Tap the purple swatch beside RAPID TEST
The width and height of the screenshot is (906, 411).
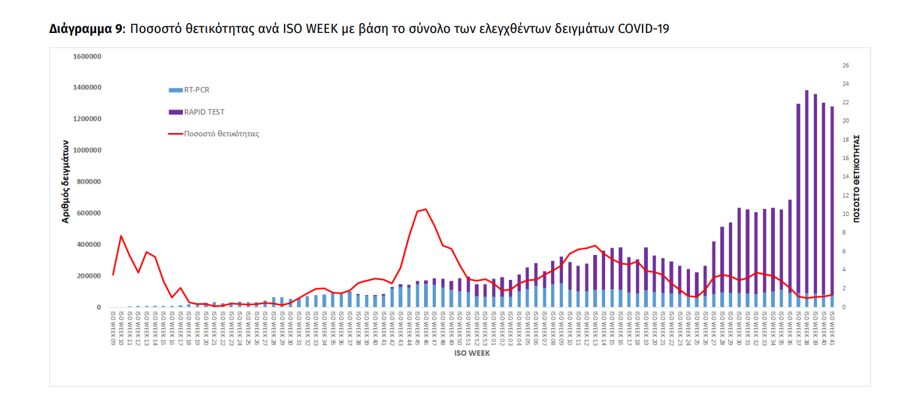click(176, 112)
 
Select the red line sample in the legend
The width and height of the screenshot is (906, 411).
click(176, 134)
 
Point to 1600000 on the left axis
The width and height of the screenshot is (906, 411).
click(86, 57)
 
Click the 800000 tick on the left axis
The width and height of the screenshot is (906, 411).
click(89, 182)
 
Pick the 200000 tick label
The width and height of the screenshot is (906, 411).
click(89, 276)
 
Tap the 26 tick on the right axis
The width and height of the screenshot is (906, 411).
click(846, 66)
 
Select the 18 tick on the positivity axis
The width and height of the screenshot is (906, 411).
click(846, 140)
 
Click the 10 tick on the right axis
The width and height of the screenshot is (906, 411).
click(846, 214)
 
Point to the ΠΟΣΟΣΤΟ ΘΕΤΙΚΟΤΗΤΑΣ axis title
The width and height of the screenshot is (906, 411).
click(857, 178)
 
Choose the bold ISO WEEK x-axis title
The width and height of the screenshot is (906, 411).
click(471, 353)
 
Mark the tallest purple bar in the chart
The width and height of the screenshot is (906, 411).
click(807, 198)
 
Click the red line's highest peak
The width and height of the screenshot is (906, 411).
click(426, 209)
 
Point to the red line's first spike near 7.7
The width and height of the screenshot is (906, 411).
click(121, 236)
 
